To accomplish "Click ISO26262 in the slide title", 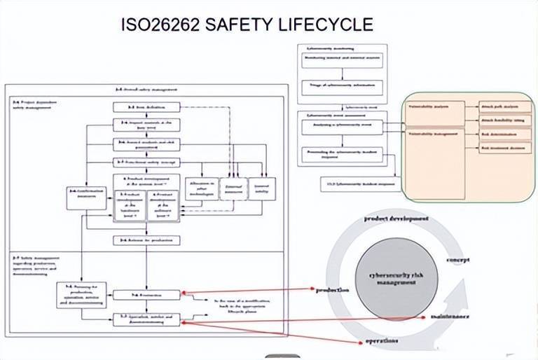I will (159, 25).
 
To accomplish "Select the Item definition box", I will (146, 107).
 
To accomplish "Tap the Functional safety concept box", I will (146, 162).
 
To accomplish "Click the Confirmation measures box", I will (86, 198).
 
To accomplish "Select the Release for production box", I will (146, 240).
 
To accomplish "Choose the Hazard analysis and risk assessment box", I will (146, 145).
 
